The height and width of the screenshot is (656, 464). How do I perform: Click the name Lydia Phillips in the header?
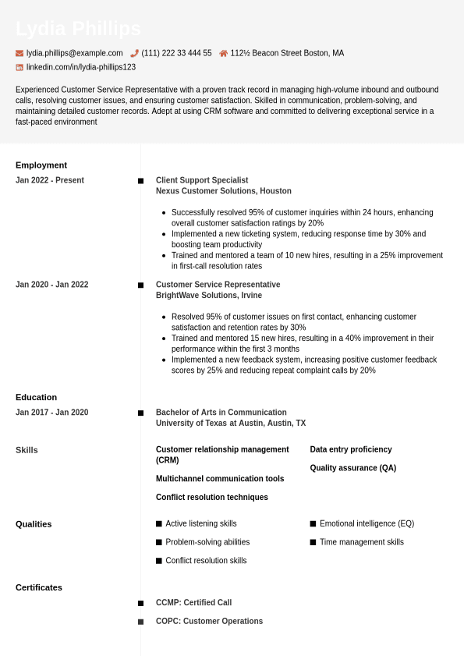(x=78, y=29)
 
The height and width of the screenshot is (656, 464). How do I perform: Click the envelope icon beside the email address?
(x=19, y=53)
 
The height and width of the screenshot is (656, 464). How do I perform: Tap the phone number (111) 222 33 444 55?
(x=176, y=53)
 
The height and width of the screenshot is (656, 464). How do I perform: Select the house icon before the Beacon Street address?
(x=223, y=53)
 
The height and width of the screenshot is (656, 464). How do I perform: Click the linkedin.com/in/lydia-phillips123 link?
(x=80, y=67)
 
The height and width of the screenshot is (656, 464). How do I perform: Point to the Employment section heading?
(x=41, y=165)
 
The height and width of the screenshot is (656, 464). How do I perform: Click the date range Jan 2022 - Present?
(x=50, y=180)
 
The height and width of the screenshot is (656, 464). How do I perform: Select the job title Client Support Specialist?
(x=202, y=180)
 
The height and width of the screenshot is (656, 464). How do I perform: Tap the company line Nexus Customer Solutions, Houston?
(x=224, y=191)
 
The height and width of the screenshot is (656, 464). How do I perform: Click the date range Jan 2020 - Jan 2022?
(x=52, y=285)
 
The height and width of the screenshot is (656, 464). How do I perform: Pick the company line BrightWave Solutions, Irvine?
(x=209, y=296)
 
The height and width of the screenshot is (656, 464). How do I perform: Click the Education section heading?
(x=36, y=397)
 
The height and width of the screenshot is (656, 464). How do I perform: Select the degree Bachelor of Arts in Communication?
(x=221, y=413)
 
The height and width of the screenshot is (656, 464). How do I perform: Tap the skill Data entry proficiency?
(x=351, y=449)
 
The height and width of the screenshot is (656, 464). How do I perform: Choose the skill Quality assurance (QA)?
(x=353, y=468)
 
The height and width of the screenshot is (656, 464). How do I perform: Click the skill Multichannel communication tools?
(x=220, y=479)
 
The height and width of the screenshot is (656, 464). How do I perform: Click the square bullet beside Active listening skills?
(x=159, y=524)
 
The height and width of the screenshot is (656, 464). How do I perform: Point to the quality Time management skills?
(x=362, y=542)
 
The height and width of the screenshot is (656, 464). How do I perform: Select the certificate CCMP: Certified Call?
(x=193, y=603)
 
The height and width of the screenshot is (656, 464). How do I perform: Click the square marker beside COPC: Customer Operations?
(x=141, y=622)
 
